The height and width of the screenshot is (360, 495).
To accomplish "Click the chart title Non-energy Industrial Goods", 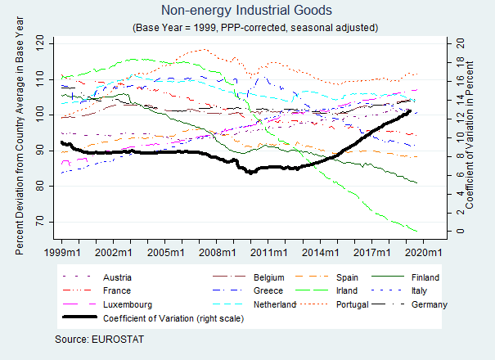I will point(247,11).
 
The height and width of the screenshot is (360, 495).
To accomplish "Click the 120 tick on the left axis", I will point(42,41).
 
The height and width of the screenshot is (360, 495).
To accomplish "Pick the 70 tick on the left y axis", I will point(42,223).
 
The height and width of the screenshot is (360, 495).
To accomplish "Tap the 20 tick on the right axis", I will point(460,42).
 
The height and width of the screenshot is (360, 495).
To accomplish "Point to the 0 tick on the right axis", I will point(460,232).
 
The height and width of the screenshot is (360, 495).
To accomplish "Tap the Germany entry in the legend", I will point(430,305).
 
